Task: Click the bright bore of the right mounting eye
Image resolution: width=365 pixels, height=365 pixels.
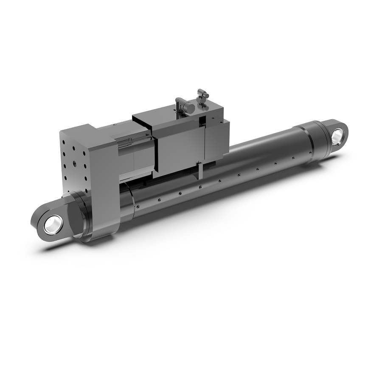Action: tap(338, 136)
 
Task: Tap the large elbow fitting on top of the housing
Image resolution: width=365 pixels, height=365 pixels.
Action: tap(182, 104)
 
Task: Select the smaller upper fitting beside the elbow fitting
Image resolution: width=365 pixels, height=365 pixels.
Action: tap(202, 95)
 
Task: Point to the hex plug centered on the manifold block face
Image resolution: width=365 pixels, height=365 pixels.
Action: tap(74, 163)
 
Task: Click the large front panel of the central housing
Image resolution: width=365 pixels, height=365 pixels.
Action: tap(178, 146)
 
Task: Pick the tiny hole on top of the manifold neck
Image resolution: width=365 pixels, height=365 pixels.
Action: tap(115, 125)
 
